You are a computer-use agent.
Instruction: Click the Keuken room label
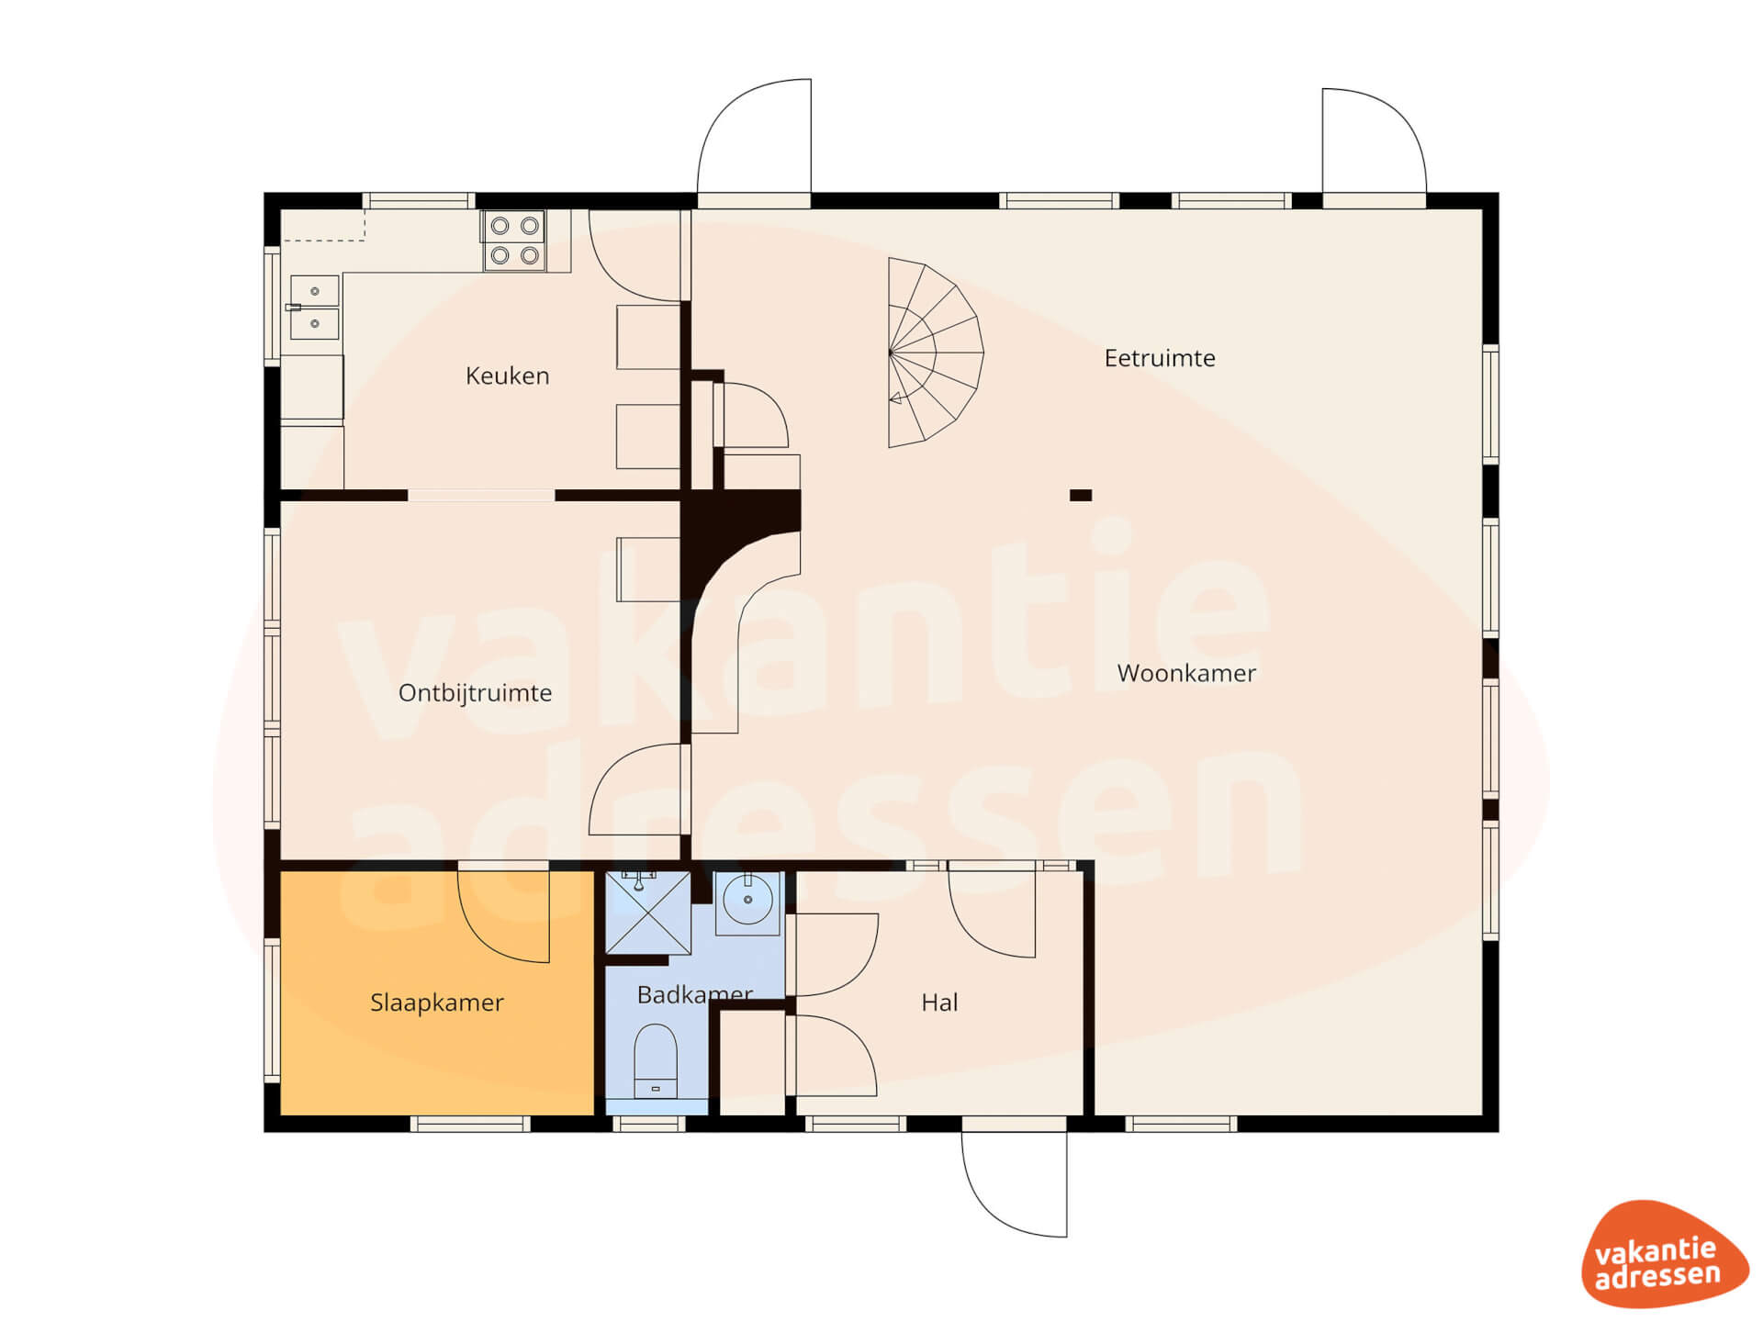click(507, 375)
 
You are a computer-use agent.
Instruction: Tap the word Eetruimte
click(1160, 358)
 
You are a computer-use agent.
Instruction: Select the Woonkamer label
click(1186, 673)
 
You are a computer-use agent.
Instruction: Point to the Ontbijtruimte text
click(475, 693)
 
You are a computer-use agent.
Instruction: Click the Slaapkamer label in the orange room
click(437, 1003)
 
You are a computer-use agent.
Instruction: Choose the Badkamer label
click(695, 994)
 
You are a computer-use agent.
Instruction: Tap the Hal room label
click(939, 1003)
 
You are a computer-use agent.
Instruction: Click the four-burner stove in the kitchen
click(514, 241)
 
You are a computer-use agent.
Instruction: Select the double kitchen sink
click(314, 308)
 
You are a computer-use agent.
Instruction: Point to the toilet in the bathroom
click(656, 1061)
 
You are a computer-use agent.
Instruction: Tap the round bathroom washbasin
click(747, 900)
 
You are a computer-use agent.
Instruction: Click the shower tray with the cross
click(647, 913)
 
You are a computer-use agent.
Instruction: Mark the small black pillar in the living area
click(1081, 496)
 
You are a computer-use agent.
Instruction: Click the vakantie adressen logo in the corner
click(1664, 1254)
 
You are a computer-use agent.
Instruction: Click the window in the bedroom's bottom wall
click(470, 1124)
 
